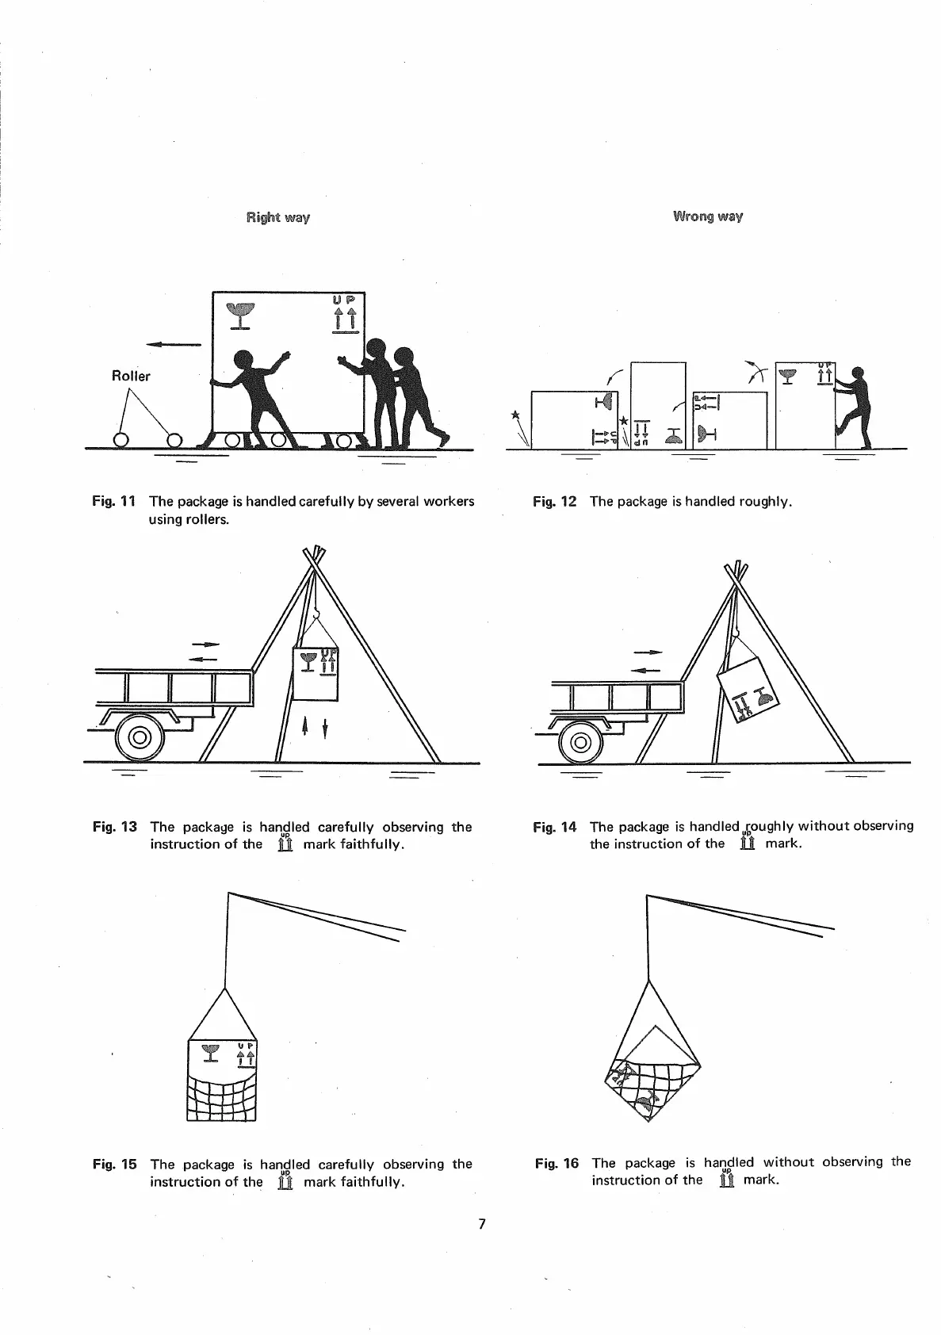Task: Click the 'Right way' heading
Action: click(277, 217)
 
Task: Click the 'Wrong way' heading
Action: click(707, 216)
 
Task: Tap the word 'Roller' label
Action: click(131, 376)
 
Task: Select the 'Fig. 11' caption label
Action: click(114, 501)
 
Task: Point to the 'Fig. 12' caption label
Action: click(554, 502)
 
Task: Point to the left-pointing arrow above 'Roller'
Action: click(174, 345)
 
